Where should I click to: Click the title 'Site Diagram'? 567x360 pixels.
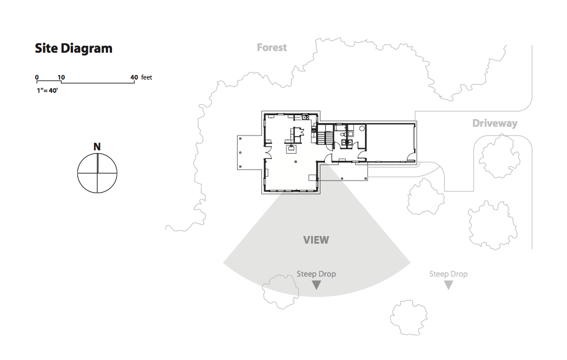[x=74, y=48]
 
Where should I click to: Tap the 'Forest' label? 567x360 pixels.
[x=272, y=47]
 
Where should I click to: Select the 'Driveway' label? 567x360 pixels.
[x=495, y=123]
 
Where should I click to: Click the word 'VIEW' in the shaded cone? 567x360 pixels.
[x=316, y=240]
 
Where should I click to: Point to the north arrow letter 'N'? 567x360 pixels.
[x=97, y=147]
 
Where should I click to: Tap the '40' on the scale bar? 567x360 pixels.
[x=134, y=77]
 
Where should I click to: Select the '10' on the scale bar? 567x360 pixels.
[x=61, y=77]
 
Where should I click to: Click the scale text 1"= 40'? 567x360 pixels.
[x=47, y=91]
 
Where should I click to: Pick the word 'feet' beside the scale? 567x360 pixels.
[x=147, y=77]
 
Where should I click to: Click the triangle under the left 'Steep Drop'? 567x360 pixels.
[x=316, y=285]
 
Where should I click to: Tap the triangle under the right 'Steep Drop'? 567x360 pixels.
[x=448, y=285]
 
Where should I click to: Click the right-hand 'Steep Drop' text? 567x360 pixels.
[x=448, y=274]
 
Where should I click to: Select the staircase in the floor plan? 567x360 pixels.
[x=325, y=134]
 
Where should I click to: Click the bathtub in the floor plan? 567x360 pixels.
[x=341, y=127]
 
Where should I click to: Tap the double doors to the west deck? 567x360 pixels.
[x=268, y=155]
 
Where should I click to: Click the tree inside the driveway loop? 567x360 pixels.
[x=500, y=156]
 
